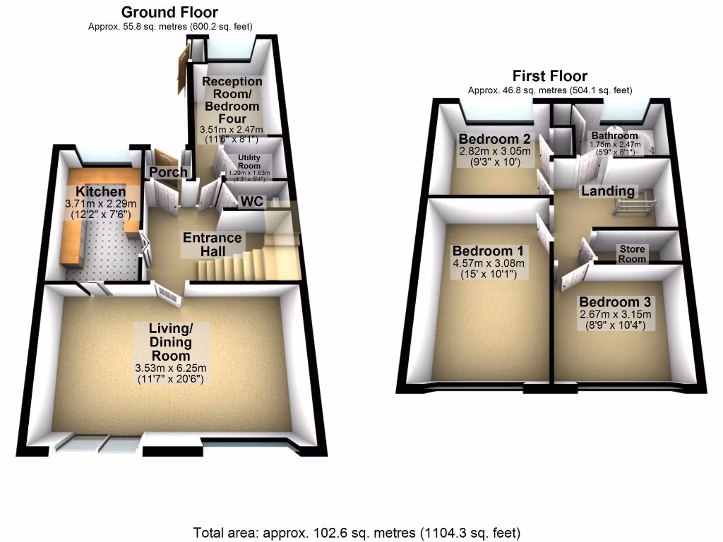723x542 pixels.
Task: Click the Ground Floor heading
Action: (x=169, y=12)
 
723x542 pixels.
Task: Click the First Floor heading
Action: (x=549, y=76)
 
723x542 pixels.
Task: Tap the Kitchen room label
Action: (x=101, y=192)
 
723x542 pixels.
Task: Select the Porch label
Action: (x=168, y=172)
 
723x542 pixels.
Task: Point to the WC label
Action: (x=252, y=203)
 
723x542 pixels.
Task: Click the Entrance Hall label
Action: (x=213, y=244)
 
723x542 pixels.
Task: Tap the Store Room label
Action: (x=632, y=254)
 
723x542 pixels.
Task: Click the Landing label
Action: (x=607, y=191)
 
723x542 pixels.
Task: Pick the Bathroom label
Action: (x=614, y=135)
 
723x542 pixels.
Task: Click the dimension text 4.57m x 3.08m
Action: (x=489, y=264)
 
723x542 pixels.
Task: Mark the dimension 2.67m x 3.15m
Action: (x=615, y=315)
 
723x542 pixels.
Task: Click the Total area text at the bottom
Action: (x=357, y=531)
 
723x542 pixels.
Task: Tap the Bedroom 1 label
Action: (x=488, y=251)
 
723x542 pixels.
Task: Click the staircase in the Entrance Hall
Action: (x=233, y=267)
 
